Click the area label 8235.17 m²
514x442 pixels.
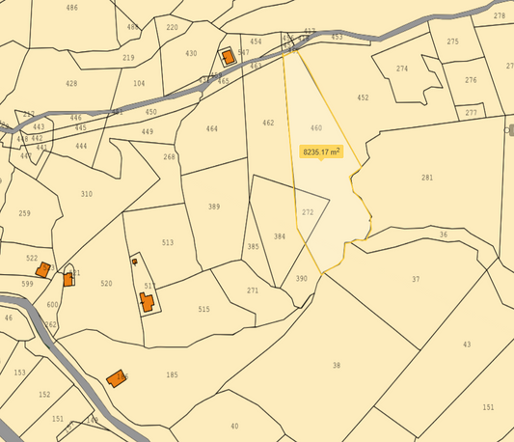pyautogui.click(x=322, y=152)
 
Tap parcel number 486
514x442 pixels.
pyautogui.click(x=72, y=8)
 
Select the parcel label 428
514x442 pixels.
pyautogui.click(x=71, y=84)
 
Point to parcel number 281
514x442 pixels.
pyautogui.click(x=427, y=178)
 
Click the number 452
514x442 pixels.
pyautogui.click(x=363, y=98)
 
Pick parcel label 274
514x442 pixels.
pyautogui.click(x=402, y=69)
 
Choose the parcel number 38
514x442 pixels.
pyautogui.click(x=337, y=366)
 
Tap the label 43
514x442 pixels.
pyautogui.click(x=467, y=345)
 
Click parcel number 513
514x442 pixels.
pyautogui.click(x=168, y=243)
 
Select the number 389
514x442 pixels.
pyautogui.click(x=214, y=207)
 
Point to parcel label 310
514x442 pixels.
pyautogui.click(x=87, y=195)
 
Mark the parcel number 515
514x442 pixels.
pyautogui.click(x=203, y=309)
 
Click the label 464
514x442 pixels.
pyautogui.click(x=212, y=129)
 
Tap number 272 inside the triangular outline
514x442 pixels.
pyautogui.click(x=308, y=212)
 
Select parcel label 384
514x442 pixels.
pyautogui.click(x=280, y=236)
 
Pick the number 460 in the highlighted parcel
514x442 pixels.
pyautogui.click(x=316, y=128)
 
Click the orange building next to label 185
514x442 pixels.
pyautogui.click(x=117, y=377)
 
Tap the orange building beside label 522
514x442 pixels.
pyautogui.click(x=43, y=269)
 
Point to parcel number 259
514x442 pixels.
pyautogui.click(x=24, y=213)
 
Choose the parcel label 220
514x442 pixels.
pyautogui.click(x=172, y=27)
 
